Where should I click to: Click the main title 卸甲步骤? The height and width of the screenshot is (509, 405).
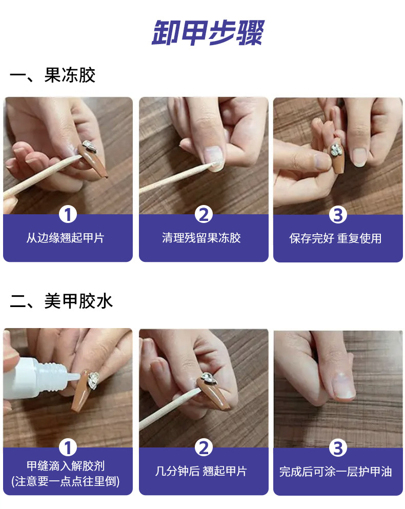208,32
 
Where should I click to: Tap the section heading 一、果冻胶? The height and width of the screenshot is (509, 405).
53,75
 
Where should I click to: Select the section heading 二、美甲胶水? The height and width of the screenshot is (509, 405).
61,301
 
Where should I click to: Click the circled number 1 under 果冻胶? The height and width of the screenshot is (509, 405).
68,215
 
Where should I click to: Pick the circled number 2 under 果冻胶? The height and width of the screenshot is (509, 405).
204,215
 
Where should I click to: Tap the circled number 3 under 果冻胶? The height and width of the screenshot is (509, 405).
338,215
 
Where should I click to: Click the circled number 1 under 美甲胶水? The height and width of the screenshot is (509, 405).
68,447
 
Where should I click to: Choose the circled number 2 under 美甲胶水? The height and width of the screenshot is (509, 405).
204,447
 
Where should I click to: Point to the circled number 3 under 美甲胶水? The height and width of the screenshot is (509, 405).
338,447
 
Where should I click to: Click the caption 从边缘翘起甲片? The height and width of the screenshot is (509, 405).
65,238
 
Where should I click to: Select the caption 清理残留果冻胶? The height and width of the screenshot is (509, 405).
201,238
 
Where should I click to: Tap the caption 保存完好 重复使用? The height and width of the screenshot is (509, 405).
335,238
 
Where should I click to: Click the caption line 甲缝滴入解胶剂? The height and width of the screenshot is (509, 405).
66,466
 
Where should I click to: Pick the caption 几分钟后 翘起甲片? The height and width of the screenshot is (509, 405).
201,471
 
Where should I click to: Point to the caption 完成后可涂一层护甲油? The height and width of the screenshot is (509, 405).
335,472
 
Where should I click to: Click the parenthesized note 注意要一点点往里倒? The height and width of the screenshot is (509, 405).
66,481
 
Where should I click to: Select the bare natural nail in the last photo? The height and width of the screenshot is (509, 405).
343,384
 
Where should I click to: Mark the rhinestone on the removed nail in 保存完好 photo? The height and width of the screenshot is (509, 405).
335,150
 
